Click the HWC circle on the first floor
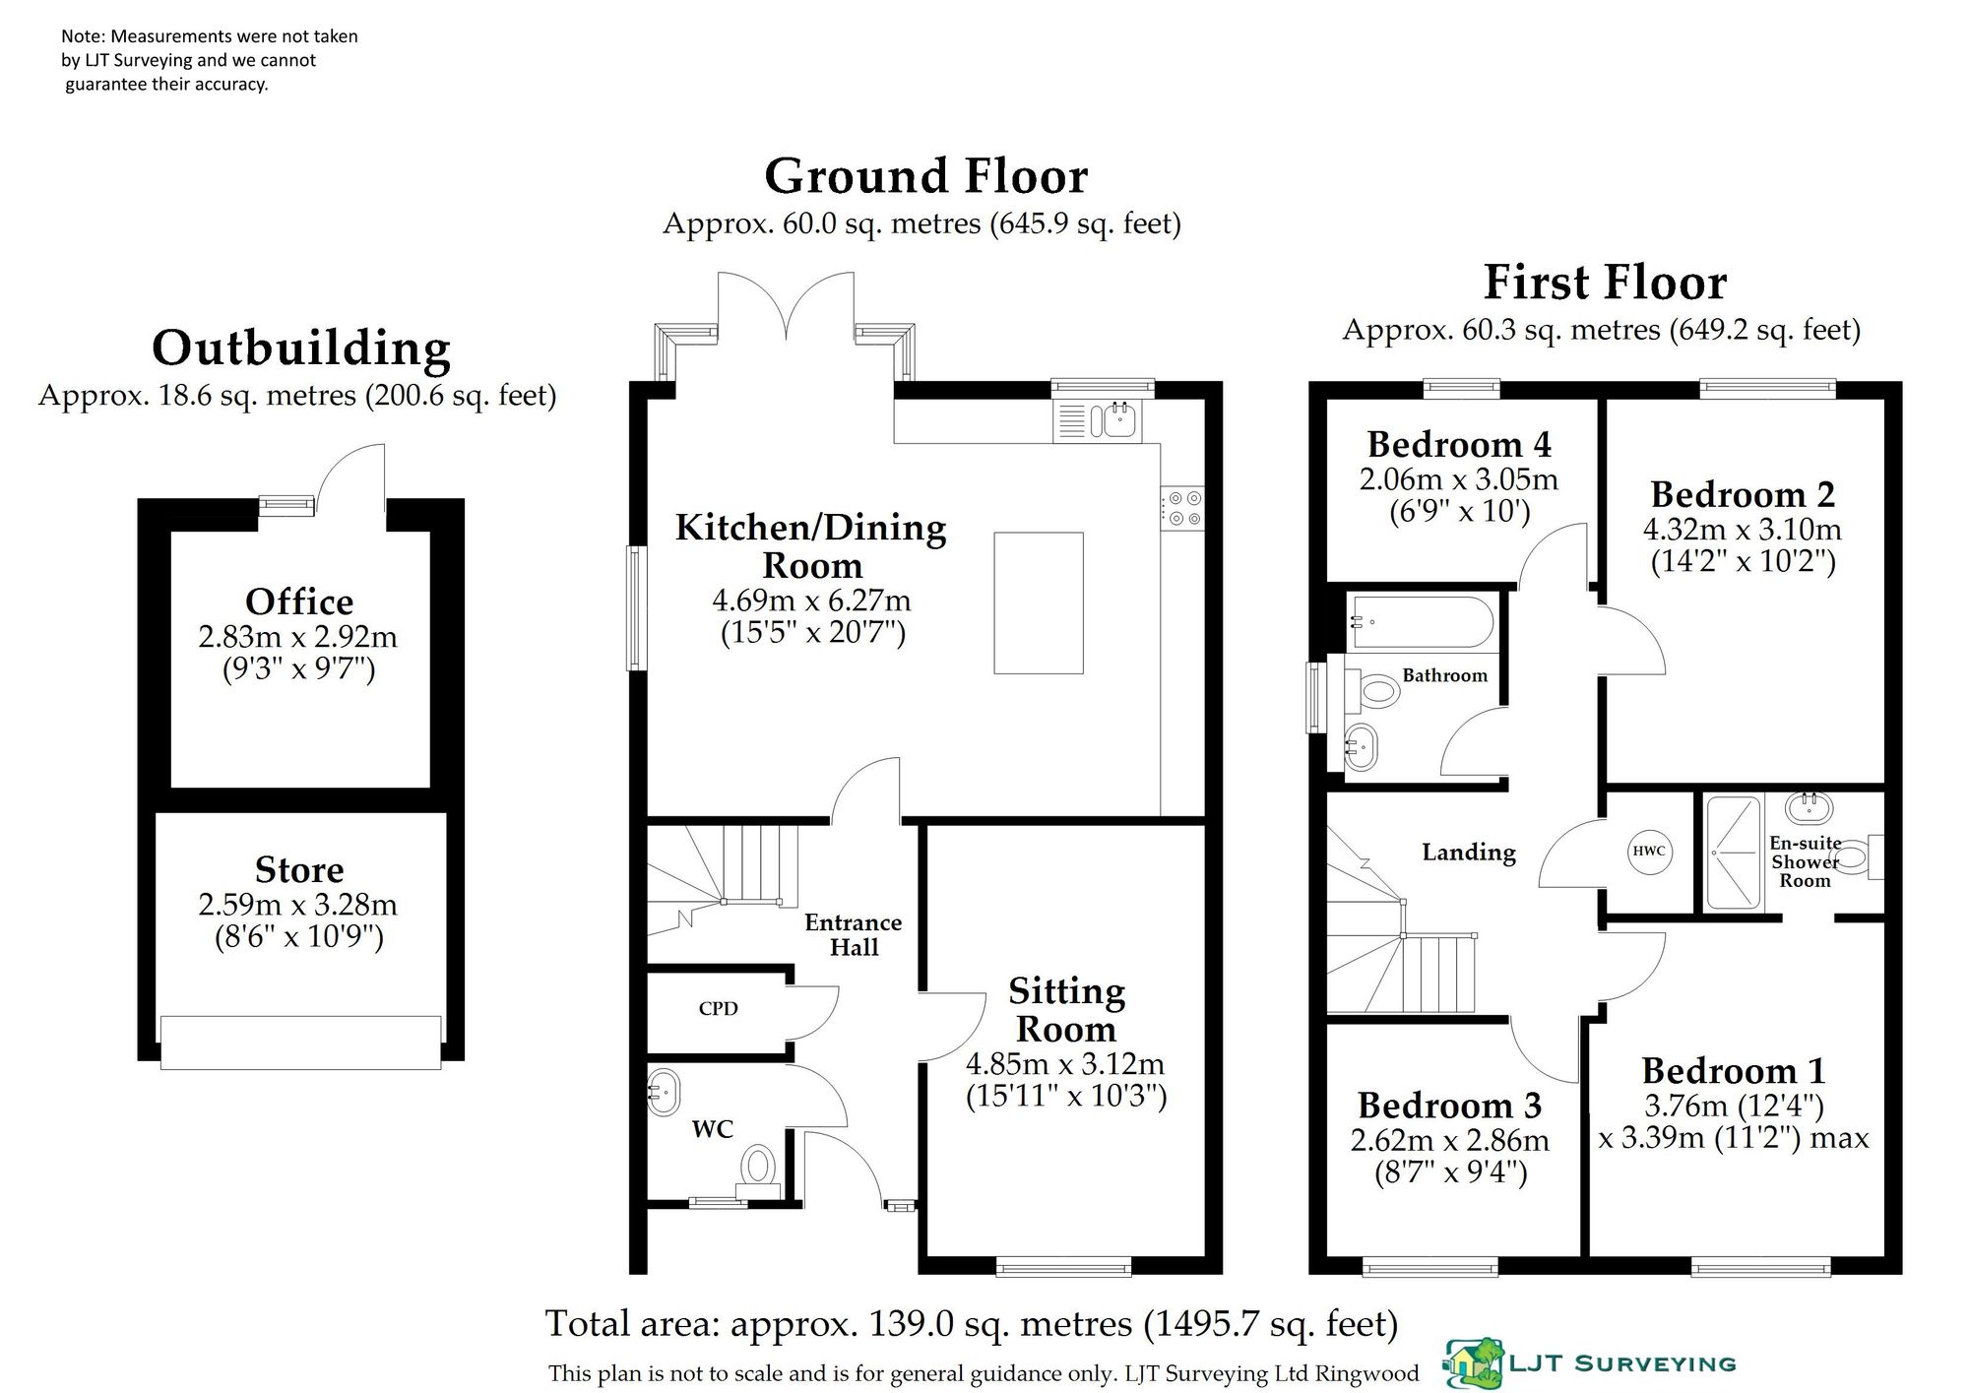[1649, 852]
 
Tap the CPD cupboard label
[718, 1009]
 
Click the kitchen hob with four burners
[1182, 508]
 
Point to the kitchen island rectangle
[1039, 603]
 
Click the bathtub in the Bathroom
[1421, 622]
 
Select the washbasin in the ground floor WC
[664, 1091]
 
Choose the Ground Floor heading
[926, 177]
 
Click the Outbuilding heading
[301, 348]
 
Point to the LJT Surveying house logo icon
[1473, 1363]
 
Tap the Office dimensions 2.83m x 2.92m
[298, 637]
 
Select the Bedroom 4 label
[1459, 445]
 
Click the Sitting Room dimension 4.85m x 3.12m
[1065, 1064]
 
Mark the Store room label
[299, 870]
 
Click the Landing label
[1469, 853]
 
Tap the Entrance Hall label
[854, 935]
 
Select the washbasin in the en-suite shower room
[1810, 808]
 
